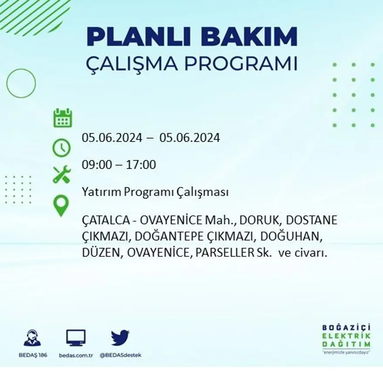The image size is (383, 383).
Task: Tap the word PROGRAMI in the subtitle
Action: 241,64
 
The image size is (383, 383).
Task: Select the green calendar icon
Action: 62,118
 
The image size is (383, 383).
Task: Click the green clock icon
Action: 61,148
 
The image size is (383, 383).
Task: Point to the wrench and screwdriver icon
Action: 61,174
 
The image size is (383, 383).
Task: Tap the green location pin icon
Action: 61,205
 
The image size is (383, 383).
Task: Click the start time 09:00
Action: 95,165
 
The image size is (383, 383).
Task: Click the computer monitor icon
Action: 76,338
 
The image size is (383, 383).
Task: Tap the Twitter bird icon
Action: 120,338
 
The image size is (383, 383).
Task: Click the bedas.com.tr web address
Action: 76,355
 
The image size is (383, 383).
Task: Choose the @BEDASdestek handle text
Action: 121,355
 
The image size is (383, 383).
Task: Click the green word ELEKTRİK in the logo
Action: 347,336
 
